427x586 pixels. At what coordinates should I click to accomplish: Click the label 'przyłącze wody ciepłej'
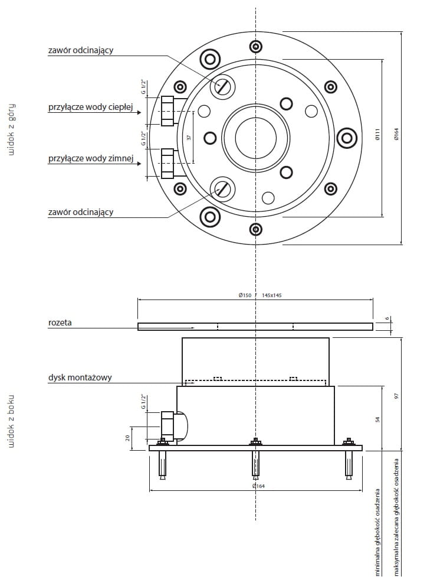91,108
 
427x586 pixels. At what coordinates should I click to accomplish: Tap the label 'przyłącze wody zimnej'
91,159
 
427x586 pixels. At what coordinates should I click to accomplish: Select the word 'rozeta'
61,323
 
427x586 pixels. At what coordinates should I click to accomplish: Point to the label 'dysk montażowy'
80,377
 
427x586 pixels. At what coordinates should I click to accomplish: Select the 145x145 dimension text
272,295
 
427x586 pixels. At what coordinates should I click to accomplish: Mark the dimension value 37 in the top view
189,137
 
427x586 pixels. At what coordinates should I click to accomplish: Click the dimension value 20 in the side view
127,437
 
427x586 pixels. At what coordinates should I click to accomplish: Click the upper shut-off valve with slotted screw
222,86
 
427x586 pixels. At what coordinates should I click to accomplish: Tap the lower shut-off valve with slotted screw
222,188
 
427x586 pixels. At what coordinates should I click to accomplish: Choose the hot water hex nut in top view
167,111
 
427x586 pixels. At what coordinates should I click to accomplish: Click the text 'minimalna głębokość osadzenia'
378,532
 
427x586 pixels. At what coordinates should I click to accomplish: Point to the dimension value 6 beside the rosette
387,319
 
